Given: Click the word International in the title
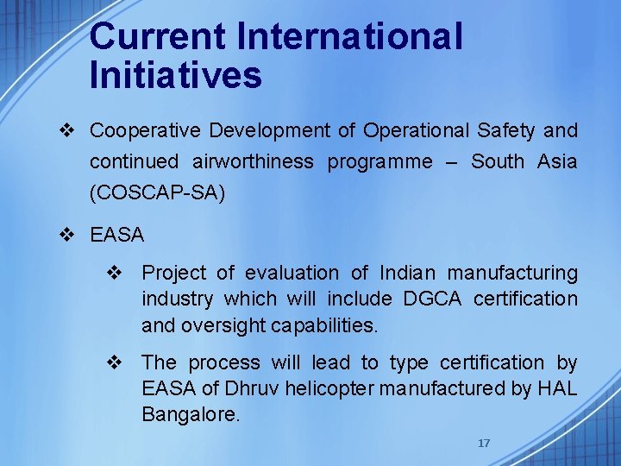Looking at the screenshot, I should (x=349, y=37).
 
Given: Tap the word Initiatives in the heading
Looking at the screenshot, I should (x=175, y=75).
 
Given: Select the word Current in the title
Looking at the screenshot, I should (x=158, y=37).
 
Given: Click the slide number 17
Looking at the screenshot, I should (x=484, y=443).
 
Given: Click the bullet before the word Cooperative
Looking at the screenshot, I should (x=71, y=131).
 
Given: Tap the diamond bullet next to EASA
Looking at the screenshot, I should (x=71, y=234).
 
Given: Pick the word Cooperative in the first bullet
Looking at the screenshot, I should (x=145, y=131).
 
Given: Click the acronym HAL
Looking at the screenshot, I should (x=556, y=388).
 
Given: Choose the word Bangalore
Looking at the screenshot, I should (x=191, y=414).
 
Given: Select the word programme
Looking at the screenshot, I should (x=379, y=162).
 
